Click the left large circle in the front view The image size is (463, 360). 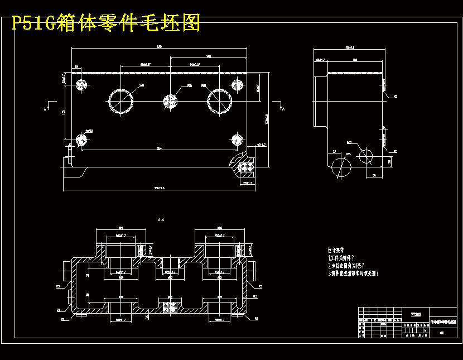(x=120, y=100)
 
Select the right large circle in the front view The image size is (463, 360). (x=220, y=101)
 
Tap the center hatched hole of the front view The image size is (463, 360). (x=170, y=101)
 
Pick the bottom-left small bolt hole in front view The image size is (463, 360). (x=83, y=138)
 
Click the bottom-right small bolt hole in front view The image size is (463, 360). (x=237, y=138)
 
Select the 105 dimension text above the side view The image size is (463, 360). (x=354, y=59)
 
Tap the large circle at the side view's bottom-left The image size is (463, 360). (x=341, y=166)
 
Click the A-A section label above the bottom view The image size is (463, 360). (x=161, y=220)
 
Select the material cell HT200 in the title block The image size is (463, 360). (x=416, y=314)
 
